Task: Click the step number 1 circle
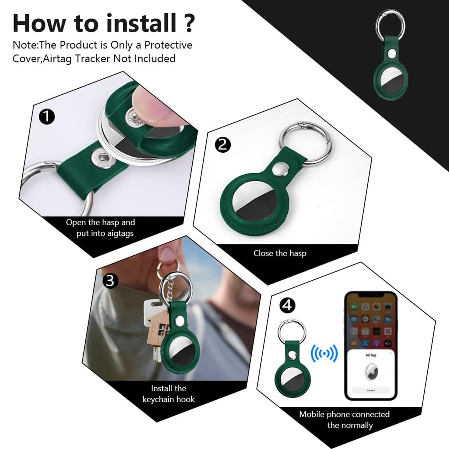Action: (x=47, y=117)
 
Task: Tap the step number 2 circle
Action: (x=223, y=145)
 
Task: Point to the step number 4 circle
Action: (x=287, y=305)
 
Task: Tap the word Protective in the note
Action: (x=168, y=45)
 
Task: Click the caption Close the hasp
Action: (x=280, y=253)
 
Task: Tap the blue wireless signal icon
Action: (x=324, y=354)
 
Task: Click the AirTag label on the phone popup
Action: (x=371, y=355)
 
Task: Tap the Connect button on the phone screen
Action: (x=371, y=390)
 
